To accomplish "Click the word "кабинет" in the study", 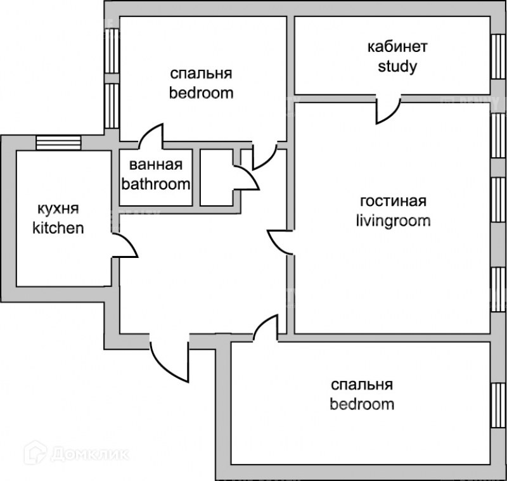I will click(397, 47).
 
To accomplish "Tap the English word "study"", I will click(397, 66).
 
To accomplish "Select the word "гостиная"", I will click(393, 202).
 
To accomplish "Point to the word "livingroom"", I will click(393, 221).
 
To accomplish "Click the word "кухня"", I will click(58, 209).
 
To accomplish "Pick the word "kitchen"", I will click(58, 228).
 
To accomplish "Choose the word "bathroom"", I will click(156, 184).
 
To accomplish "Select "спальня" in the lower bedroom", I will click(362, 384).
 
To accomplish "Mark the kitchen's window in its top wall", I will click(58, 143).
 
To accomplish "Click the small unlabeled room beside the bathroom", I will click(216, 177).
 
